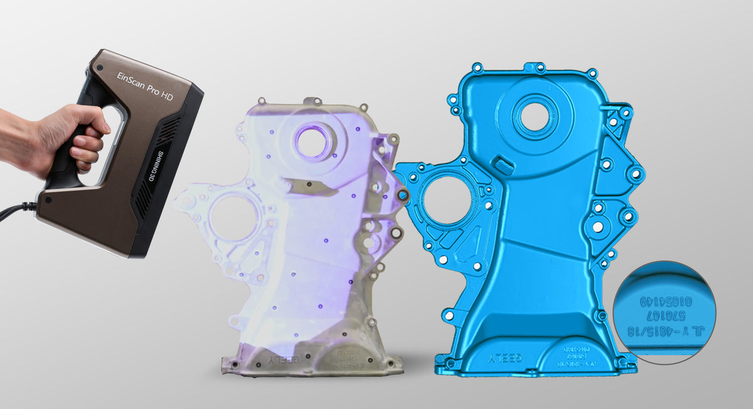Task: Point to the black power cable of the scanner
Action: [x=15, y=210]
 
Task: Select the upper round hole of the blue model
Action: [x=535, y=116]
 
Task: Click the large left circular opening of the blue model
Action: [x=446, y=200]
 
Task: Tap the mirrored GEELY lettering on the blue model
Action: [x=504, y=359]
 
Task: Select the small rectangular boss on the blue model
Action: [x=504, y=165]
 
